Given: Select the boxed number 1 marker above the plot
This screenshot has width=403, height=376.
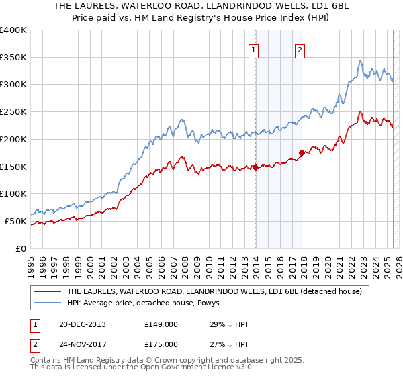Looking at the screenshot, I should click(254, 49).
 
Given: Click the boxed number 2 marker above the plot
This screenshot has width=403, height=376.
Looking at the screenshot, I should click(300, 49).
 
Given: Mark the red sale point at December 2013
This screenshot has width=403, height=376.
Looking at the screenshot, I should click(255, 167).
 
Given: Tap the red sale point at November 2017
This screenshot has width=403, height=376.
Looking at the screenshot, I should click(302, 153).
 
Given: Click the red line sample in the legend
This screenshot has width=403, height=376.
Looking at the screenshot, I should click(47, 291).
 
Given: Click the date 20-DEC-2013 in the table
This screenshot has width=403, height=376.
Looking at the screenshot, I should click(82, 324).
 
